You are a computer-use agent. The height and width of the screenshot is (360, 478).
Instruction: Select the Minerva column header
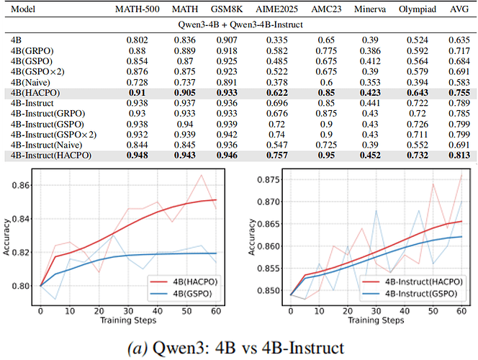coord(369,12)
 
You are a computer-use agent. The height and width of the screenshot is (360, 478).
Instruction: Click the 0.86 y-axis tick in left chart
coord(21,186)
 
